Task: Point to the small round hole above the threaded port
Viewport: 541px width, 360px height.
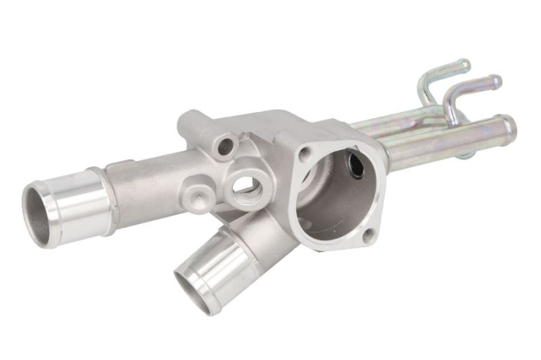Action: click(x=226, y=144)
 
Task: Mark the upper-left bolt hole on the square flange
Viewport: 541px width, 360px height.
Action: click(x=305, y=153)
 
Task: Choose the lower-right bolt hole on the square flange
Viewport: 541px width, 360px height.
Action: click(x=369, y=236)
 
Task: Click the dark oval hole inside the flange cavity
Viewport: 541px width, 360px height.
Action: click(x=356, y=164)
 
